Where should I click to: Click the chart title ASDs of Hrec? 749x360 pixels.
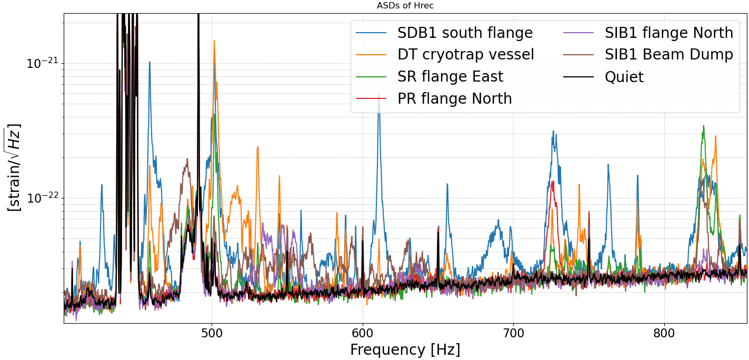(x=405, y=6)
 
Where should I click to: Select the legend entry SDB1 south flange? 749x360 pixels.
(x=465, y=33)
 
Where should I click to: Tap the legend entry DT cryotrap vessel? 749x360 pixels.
(x=465, y=55)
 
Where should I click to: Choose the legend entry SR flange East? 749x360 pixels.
(x=450, y=77)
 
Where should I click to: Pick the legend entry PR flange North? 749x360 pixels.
(x=454, y=99)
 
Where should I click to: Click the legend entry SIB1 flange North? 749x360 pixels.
(x=668, y=33)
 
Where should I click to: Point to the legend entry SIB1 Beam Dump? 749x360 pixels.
(x=668, y=55)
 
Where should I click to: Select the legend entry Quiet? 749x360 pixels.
(x=624, y=77)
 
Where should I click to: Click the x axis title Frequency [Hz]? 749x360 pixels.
(x=405, y=349)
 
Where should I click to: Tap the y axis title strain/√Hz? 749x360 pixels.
(x=14, y=168)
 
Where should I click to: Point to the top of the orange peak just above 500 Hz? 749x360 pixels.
(x=214, y=41)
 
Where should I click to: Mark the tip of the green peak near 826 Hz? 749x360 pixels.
(x=703, y=126)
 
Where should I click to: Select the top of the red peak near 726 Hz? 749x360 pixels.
(x=553, y=182)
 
